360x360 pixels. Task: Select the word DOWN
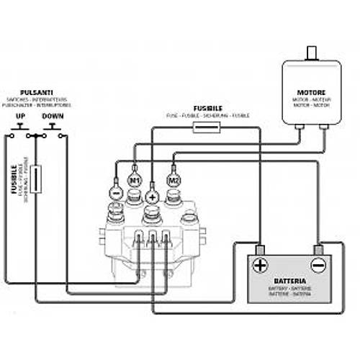point(53,116)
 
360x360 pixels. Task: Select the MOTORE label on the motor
point(311,92)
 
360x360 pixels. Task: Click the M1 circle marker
point(135,177)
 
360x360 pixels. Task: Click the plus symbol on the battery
point(259,264)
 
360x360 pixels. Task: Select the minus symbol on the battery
point(318,265)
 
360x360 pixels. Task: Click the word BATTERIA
point(291,281)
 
